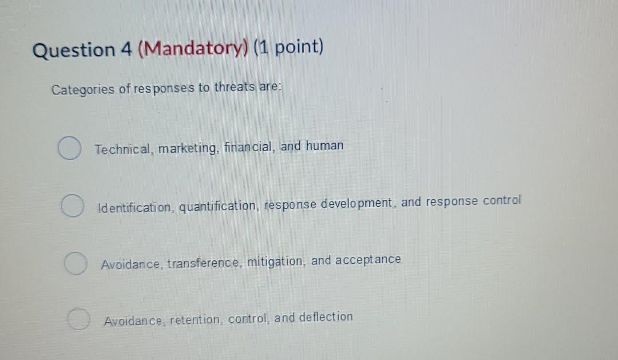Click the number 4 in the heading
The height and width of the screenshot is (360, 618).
(x=126, y=50)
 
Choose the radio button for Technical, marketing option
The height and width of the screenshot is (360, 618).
(x=69, y=149)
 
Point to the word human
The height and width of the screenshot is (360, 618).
(x=324, y=146)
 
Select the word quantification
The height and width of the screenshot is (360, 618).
(x=219, y=205)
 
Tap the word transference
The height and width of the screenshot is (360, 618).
(x=204, y=263)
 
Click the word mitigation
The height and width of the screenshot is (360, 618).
(x=276, y=262)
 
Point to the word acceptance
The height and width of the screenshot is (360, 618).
(x=367, y=260)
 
